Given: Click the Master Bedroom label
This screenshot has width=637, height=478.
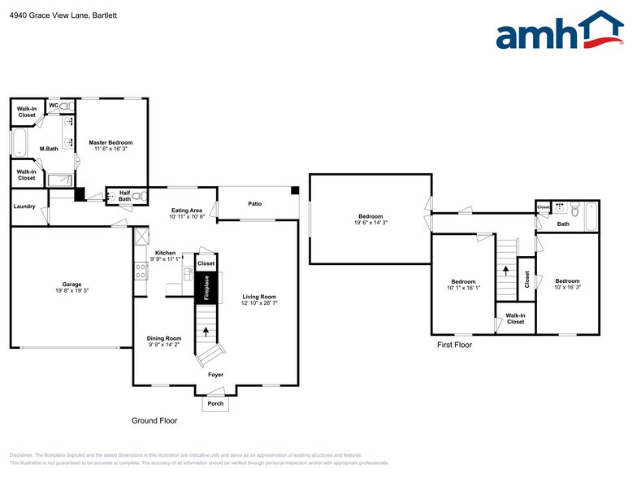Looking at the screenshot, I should (110, 143).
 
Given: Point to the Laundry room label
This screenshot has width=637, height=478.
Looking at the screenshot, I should (24, 206).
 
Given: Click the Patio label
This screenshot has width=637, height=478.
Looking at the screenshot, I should (255, 203).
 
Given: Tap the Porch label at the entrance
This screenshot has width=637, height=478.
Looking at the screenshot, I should (215, 403).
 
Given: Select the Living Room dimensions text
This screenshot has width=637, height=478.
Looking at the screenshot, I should (259, 303).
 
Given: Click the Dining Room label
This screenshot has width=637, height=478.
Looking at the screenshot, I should (164, 338).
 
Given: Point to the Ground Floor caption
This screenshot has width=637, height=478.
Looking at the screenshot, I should (154, 421).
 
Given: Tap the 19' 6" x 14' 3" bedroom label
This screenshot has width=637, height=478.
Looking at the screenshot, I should (368, 223).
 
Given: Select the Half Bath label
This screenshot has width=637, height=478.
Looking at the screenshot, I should (124, 196).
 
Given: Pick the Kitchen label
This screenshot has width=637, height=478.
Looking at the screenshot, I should (165, 253).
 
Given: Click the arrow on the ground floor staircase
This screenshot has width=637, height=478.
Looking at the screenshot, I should (206, 331).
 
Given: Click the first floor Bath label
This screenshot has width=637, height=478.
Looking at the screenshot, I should (563, 224).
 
